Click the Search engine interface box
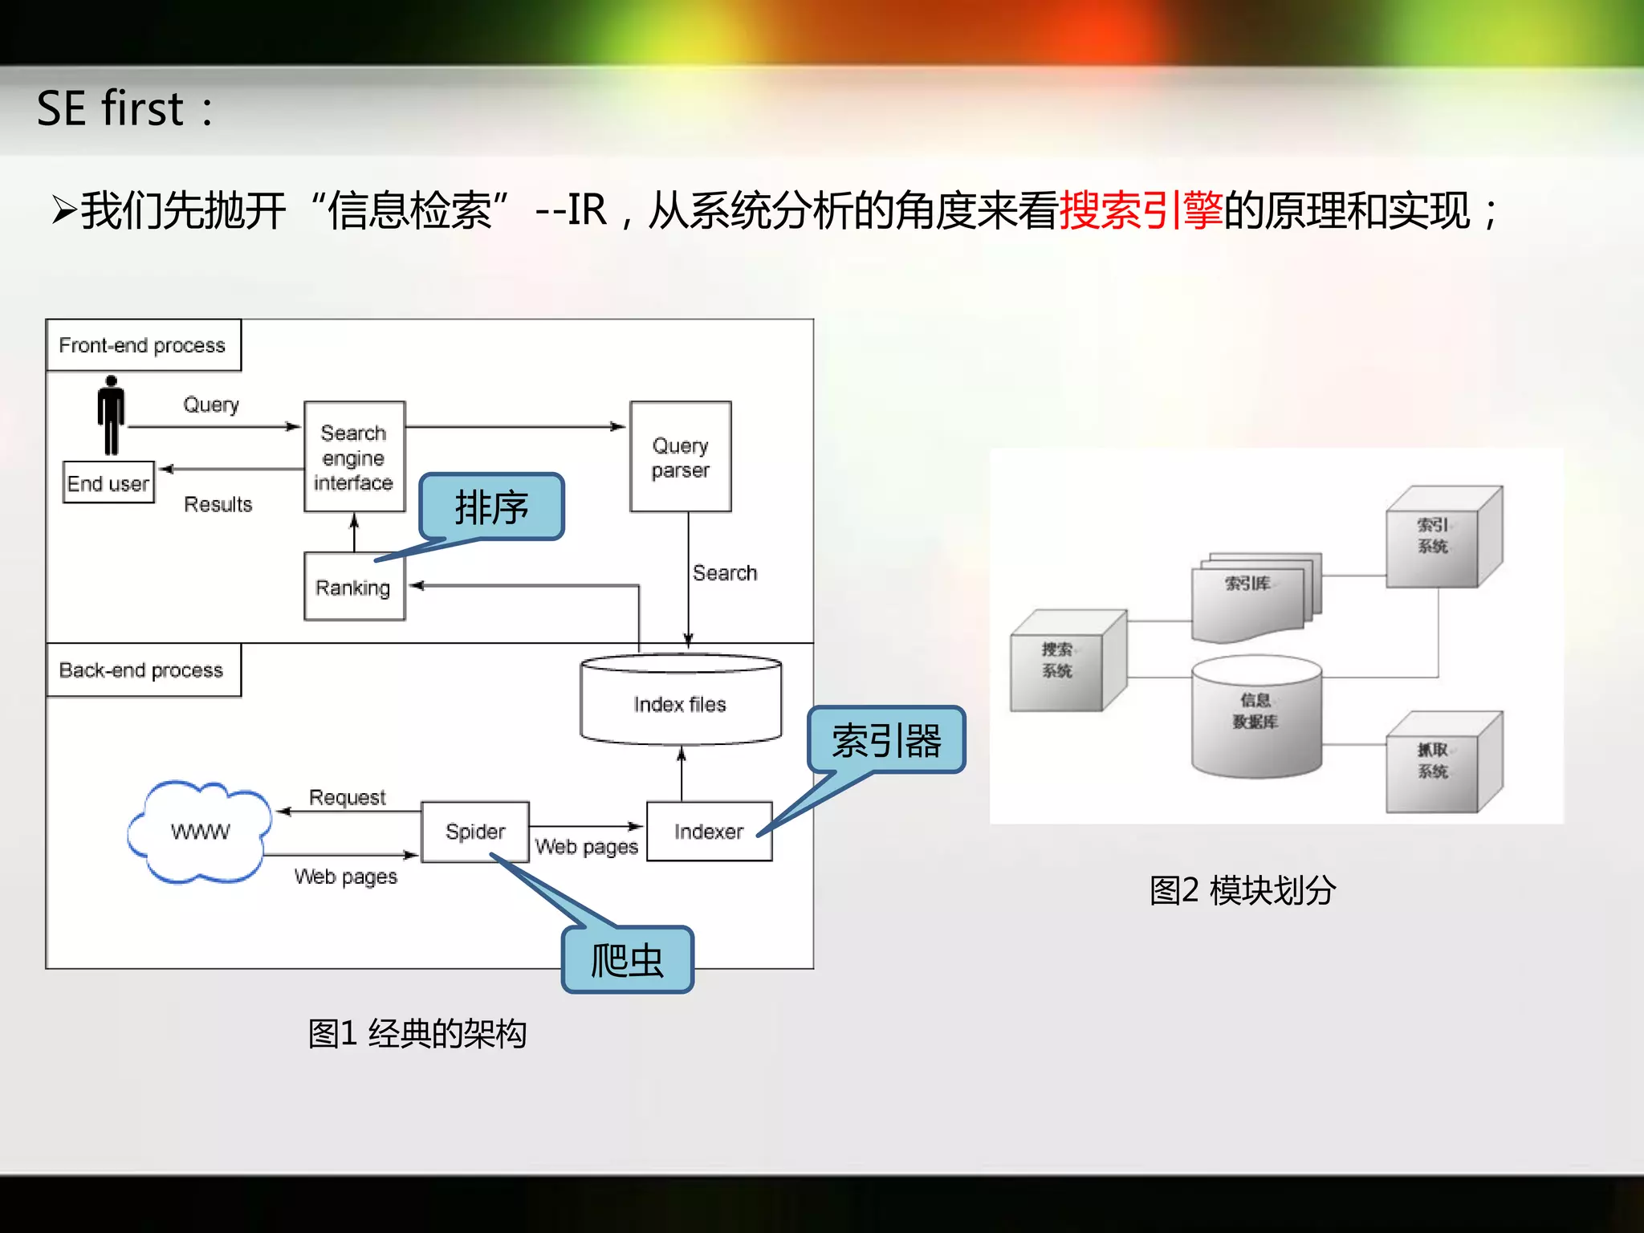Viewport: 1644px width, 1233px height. [354, 456]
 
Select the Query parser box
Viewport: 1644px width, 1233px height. [680, 456]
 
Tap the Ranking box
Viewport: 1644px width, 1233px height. [354, 587]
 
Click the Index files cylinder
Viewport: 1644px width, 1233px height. [680, 701]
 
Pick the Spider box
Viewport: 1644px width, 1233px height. [474, 831]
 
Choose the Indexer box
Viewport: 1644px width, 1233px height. [709, 831]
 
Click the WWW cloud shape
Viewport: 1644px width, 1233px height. [200, 832]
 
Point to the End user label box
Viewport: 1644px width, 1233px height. [108, 482]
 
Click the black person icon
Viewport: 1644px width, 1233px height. [111, 414]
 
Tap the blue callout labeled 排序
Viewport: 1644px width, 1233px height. [491, 507]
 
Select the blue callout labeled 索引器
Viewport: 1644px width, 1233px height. [886, 740]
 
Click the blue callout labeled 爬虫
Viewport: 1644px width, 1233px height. [627, 960]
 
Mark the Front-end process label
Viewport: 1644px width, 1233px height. [143, 345]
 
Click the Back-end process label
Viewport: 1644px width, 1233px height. [142, 669]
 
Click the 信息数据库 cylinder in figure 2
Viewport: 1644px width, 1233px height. [1256, 717]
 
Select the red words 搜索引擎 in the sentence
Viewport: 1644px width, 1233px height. [1141, 211]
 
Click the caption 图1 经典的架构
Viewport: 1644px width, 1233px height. [417, 1034]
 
